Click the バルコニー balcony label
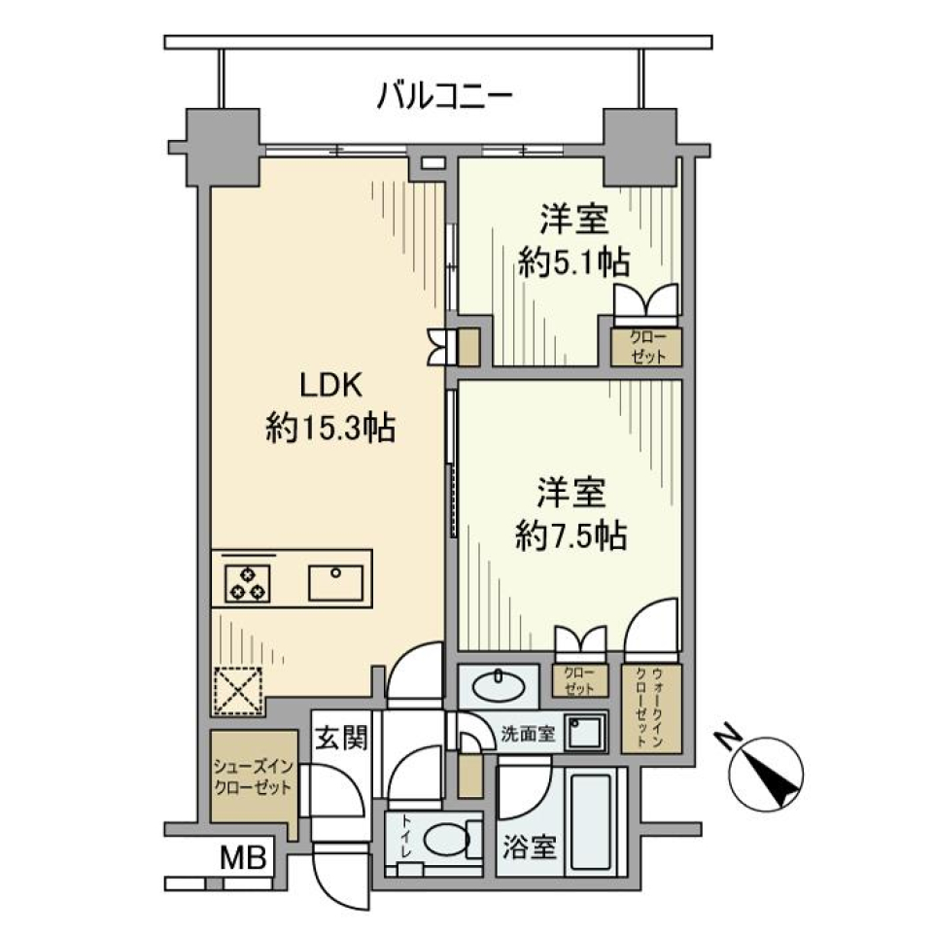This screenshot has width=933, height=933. (x=445, y=97)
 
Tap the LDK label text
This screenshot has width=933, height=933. (x=329, y=386)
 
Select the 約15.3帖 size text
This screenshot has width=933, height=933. (x=330, y=428)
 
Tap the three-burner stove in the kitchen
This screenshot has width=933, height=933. (x=246, y=582)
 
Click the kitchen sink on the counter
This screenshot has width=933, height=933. (x=334, y=582)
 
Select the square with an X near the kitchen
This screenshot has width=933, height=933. (x=236, y=692)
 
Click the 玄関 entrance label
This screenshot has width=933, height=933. (x=339, y=739)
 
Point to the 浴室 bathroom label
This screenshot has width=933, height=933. (x=529, y=847)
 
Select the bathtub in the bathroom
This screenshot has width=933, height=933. (x=590, y=821)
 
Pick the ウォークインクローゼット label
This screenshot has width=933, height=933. (x=649, y=708)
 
